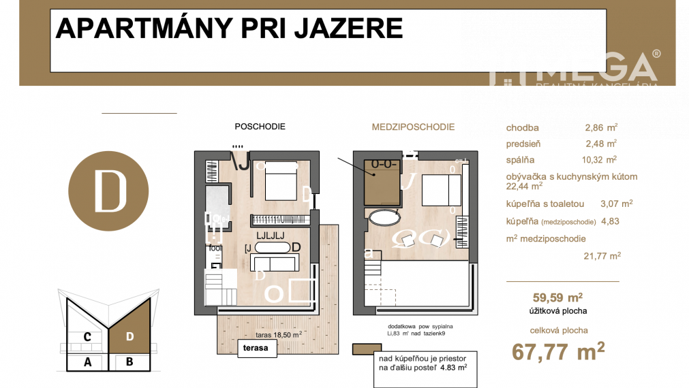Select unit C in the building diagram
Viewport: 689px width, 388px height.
coord(87,336)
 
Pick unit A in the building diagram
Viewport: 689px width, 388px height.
coord(87,362)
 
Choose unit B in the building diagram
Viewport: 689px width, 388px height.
coord(129,362)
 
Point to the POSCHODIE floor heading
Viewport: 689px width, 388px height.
coord(260,127)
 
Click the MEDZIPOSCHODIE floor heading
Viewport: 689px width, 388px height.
coord(413,127)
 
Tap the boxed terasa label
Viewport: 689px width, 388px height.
coord(254,349)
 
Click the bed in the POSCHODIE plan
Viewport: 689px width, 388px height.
coord(279,182)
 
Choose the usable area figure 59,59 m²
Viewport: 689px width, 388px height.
coord(557,297)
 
